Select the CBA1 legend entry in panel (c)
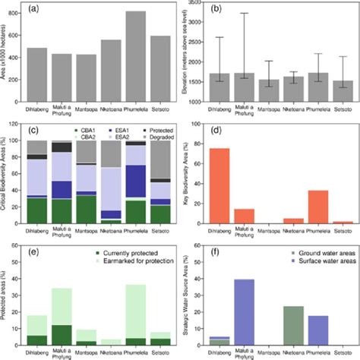pos(88,131)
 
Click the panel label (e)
pos(33,248)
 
